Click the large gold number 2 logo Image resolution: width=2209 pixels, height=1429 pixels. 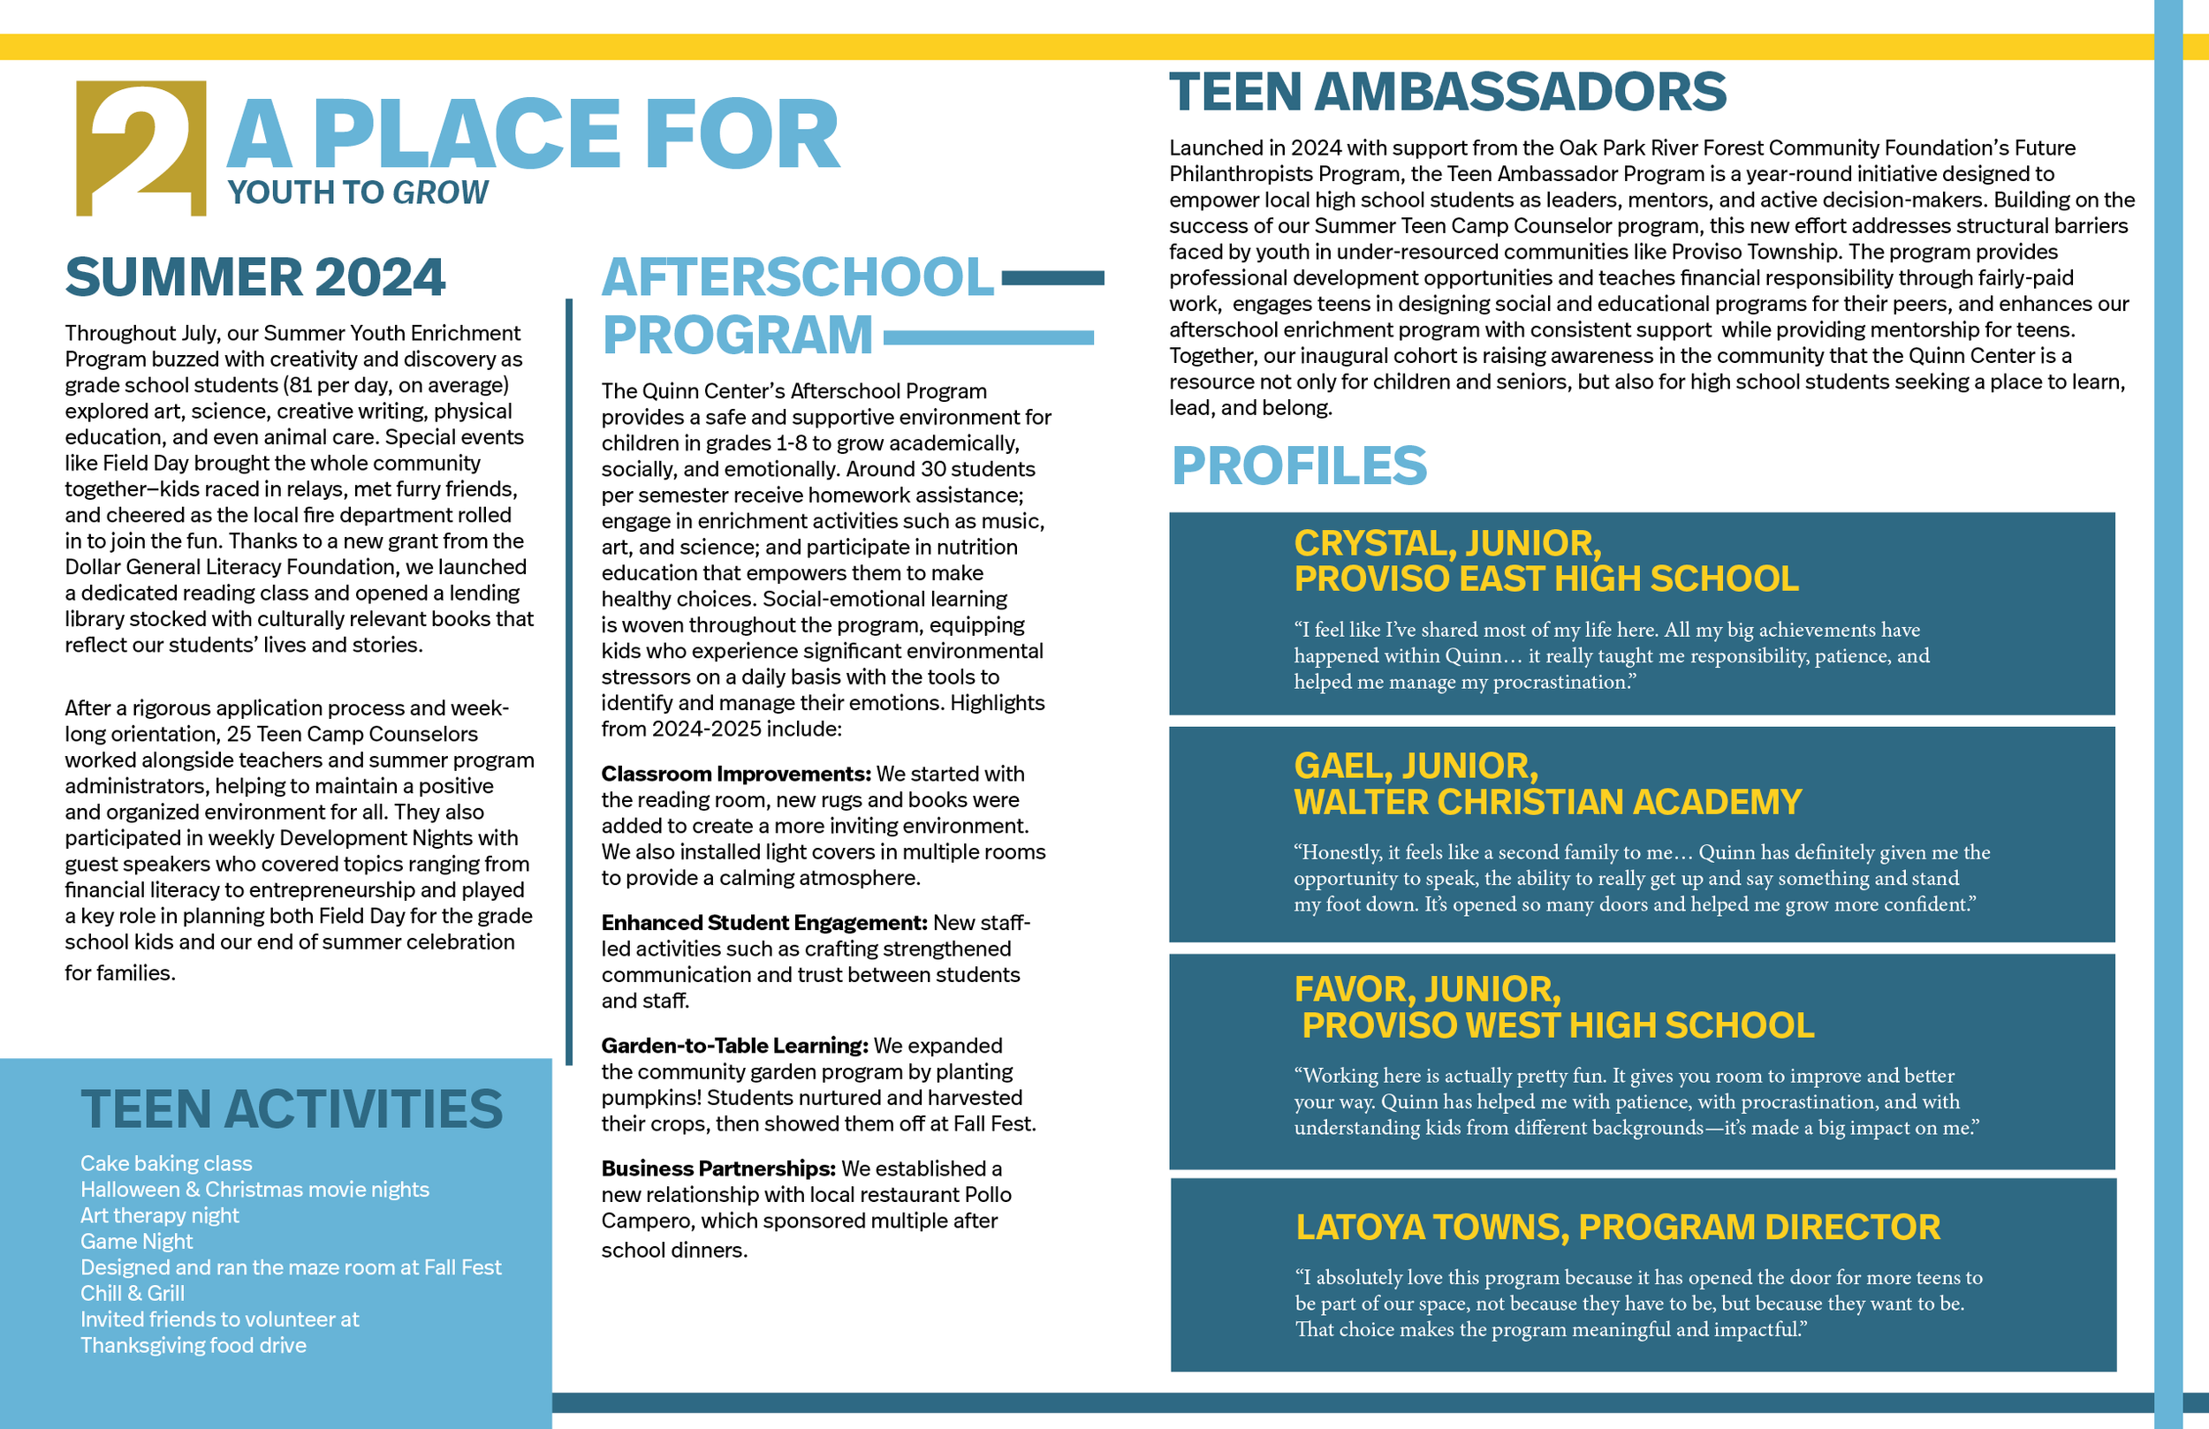pyautogui.click(x=141, y=148)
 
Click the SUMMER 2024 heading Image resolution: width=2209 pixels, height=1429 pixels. pyautogui.click(x=255, y=277)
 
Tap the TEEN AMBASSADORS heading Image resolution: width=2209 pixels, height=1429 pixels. pyautogui.click(x=1447, y=92)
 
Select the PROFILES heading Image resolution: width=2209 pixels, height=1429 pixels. pyautogui.click(x=1299, y=465)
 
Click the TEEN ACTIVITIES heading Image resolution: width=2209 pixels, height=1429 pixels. pyautogui.click(x=292, y=1110)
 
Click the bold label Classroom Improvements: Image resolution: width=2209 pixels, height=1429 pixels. pyautogui.click(x=735, y=774)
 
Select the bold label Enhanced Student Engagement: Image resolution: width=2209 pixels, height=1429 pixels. pyautogui.click(x=763, y=922)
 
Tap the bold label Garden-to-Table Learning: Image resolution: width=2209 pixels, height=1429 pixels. pyautogui.click(x=734, y=1046)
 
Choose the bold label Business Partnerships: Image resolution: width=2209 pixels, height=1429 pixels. pyautogui.click(x=718, y=1168)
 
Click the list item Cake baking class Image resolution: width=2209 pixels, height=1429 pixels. pyautogui.click(x=166, y=1164)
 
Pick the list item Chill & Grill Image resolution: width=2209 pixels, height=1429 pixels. pyautogui.click(x=133, y=1294)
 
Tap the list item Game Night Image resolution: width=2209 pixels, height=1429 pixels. pyautogui.click(x=136, y=1242)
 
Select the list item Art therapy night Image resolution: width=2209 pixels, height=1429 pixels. pyautogui.click(x=160, y=1215)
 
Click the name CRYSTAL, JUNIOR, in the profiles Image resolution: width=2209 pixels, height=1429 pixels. pyautogui.click(x=1448, y=543)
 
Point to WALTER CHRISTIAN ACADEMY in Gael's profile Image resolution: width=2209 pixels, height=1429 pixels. pyautogui.click(x=1547, y=802)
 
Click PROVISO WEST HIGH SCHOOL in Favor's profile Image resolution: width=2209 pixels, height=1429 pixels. pyautogui.click(x=1558, y=1025)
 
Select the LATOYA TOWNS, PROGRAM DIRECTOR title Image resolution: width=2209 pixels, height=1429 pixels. pyautogui.click(x=1618, y=1228)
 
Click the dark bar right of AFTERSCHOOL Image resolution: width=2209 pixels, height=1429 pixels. pyautogui.click(x=1052, y=277)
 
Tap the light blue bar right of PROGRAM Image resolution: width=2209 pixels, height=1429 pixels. pyautogui.click(x=988, y=337)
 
